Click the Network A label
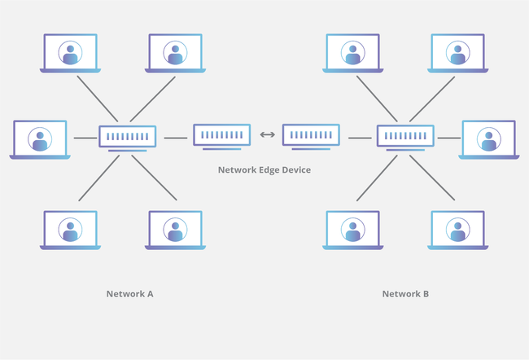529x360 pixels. pos(129,293)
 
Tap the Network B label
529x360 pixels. pos(405,293)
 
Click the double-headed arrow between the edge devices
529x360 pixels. pos(267,135)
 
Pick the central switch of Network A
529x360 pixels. pos(127,137)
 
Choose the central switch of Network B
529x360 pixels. pos(405,137)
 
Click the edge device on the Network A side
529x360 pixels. pos(221,135)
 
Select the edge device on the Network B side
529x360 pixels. pos(311,135)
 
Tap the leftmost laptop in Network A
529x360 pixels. pos(40,139)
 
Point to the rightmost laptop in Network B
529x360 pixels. pos(488,139)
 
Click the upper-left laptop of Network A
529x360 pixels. pos(70,54)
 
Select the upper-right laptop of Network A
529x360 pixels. pos(175,54)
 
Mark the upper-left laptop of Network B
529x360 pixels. pos(352,54)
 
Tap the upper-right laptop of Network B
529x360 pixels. pos(457,54)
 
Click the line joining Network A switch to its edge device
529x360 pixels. pos(175,138)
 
